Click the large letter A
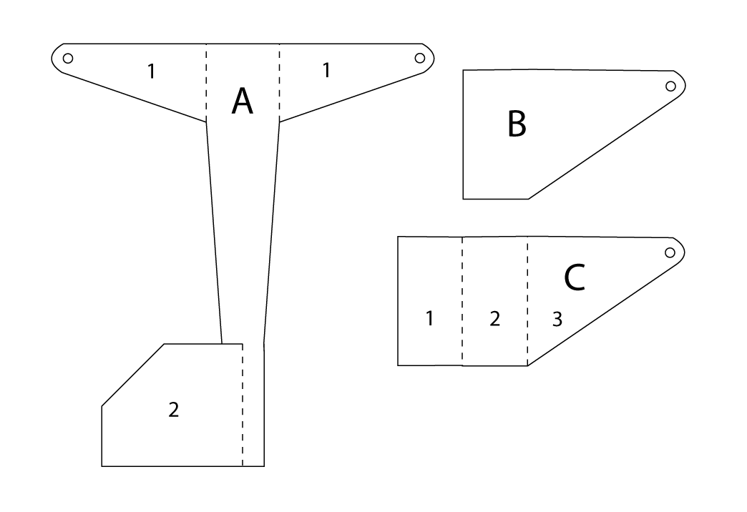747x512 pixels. pyautogui.click(x=242, y=101)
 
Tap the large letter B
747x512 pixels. pyautogui.click(x=517, y=124)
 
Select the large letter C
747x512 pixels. pyautogui.click(x=574, y=277)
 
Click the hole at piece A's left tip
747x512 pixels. pyautogui.click(x=68, y=58)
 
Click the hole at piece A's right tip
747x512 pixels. pyautogui.click(x=420, y=58)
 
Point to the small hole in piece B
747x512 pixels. pyautogui.click(x=670, y=87)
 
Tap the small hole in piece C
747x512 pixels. pyautogui.click(x=670, y=252)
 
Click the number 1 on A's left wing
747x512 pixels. pyautogui.click(x=152, y=72)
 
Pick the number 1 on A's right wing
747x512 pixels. pyautogui.click(x=326, y=70)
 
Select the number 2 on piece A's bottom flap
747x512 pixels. pyautogui.click(x=173, y=410)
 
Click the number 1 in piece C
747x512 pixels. pyautogui.click(x=430, y=318)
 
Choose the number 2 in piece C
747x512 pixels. pyautogui.click(x=495, y=319)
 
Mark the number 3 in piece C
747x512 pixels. pyautogui.click(x=557, y=319)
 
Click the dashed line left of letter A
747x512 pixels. pyautogui.click(x=206, y=83)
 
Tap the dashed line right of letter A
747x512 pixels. pyautogui.click(x=279, y=83)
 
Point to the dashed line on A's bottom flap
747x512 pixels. pyautogui.click(x=243, y=405)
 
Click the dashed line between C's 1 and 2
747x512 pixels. pyautogui.click(x=462, y=301)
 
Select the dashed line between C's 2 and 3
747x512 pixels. pyautogui.click(x=527, y=301)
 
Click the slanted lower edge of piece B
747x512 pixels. pyautogui.click(x=604, y=148)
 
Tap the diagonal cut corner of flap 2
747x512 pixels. pyautogui.click(x=133, y=375)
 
